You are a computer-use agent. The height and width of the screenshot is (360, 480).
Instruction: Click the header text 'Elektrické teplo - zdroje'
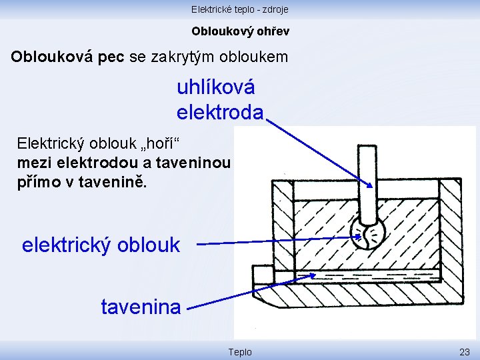(239, 9)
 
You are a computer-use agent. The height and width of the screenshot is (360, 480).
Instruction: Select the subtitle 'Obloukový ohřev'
(240, 31)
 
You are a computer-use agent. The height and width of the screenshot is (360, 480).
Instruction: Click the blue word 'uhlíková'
(216, 88)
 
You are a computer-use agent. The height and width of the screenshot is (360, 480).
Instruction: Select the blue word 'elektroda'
(220, 112)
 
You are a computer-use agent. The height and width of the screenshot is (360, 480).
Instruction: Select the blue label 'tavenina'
(141, 307)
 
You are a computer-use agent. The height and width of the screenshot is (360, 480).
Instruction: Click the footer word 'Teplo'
(240, 351)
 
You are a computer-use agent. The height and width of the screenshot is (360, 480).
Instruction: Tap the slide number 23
(464, 351)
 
